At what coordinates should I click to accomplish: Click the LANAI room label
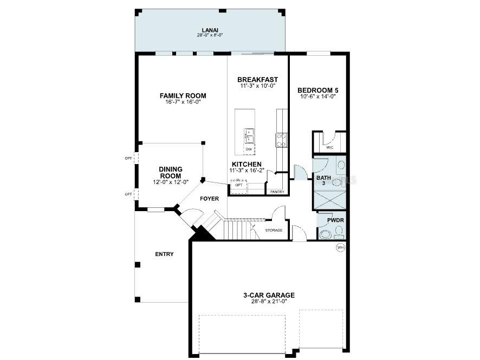[x=210, y=30]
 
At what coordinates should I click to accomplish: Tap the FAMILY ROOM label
[x=183, y=96]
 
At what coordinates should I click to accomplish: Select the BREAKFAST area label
[x=257, y=80]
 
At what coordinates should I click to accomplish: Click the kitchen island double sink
[x=249, y=135]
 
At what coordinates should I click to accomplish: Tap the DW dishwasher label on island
[x=249, y=149]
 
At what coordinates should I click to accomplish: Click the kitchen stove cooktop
[x=282, y=140]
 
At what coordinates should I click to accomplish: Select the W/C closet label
[x=329, y=147]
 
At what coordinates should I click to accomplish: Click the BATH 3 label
[x=323, y=181]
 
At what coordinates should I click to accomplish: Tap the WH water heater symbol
[x=341, y=247]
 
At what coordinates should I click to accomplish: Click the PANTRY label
[x=277, y=192]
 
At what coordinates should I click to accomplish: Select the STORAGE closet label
[x=274, y=231]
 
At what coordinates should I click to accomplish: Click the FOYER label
[x=209, y=199]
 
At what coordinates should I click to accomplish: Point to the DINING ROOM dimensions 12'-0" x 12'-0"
[x=171, y=182]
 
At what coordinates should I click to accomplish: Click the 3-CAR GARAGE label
[x=269, y=295]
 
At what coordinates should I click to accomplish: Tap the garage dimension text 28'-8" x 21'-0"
[x=269, y=302]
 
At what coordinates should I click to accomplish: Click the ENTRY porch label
[x=164, y=254]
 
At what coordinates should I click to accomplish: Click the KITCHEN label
[x=247, y=164]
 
